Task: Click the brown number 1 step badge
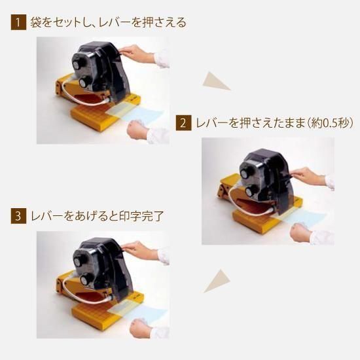(18, 22)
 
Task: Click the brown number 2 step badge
(183, 123)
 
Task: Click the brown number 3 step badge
(18, 216)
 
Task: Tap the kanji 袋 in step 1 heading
(35, 22)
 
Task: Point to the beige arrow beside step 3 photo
(217, 281)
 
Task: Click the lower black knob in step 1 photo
(84, 82)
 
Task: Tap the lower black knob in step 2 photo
(251, 190)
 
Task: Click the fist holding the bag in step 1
(137, 130)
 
